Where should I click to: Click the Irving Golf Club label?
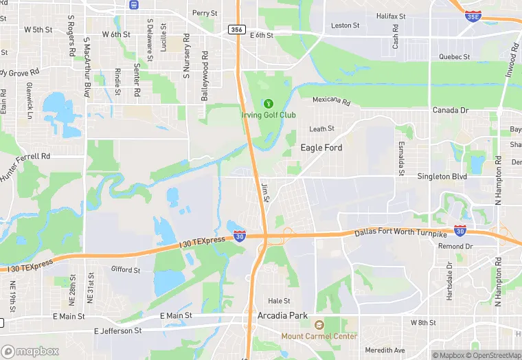click(268, 115)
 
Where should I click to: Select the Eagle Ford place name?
click(321, 148)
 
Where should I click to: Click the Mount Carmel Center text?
click(319, 336)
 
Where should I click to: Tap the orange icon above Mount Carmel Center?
click(319, 325)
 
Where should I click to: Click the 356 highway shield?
click(237, 30)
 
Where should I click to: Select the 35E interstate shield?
click(473, 15)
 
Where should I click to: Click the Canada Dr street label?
click(450, 110)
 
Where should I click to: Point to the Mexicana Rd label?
click(331, 101)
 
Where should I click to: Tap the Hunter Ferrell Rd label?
click(25, 167)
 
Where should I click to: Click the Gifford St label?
click(126, 270)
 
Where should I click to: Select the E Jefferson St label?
click(120, 330)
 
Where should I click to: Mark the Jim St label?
click(266, 192)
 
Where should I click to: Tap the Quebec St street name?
click(454, 57)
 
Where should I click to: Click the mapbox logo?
click(30, 352)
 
